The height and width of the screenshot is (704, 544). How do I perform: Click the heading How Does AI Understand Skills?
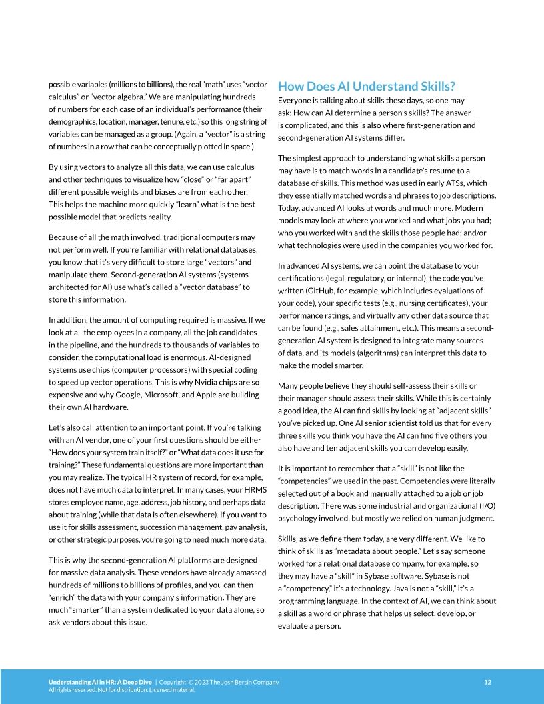pos(367,87)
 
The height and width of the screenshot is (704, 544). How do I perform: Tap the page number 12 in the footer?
pos(487,682)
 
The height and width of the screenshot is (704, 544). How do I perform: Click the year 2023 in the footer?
pos(200,682)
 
